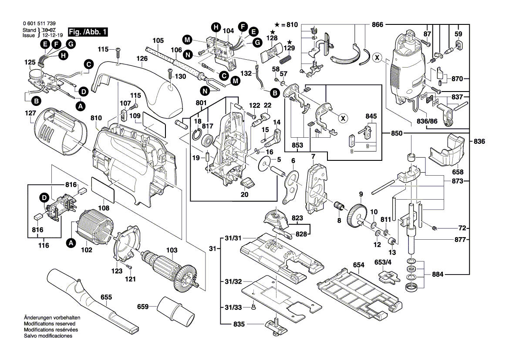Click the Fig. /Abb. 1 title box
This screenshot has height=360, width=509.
click(x=88, y=32)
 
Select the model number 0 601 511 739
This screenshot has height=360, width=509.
click(x=39, y=24)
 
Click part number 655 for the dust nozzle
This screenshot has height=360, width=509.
click(x=106, y=298)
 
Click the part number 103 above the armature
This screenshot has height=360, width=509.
click(x=172, y=251)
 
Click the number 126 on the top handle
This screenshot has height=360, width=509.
click(x=142, y=58)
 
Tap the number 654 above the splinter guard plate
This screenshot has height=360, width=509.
click(x=358, y=265)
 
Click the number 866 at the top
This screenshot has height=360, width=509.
click(x=378, y=25)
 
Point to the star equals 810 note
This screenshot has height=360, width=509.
click(x=286, y=25)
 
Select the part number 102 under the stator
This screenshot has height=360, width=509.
click(x=86, y=250)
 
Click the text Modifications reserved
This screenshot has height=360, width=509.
click(x=49, y=324)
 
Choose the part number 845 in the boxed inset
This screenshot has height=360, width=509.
click(x=371, y=116)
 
